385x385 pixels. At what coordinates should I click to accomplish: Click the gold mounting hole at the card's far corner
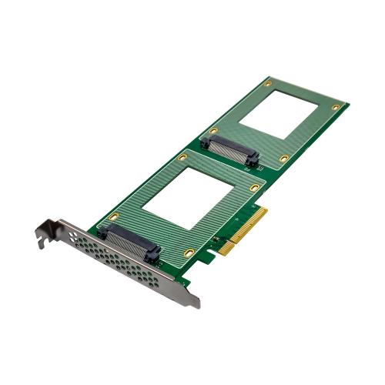click(336, 107)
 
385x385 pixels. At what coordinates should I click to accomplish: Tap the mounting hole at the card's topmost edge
click(267, 82)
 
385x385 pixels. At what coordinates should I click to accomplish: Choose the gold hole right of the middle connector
click(284, 158)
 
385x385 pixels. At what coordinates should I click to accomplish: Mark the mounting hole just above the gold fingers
click(254, 187)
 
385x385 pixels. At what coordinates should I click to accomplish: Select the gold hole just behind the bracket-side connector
click(112, 217)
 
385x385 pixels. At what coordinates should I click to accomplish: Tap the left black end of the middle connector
click(209, 139)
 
